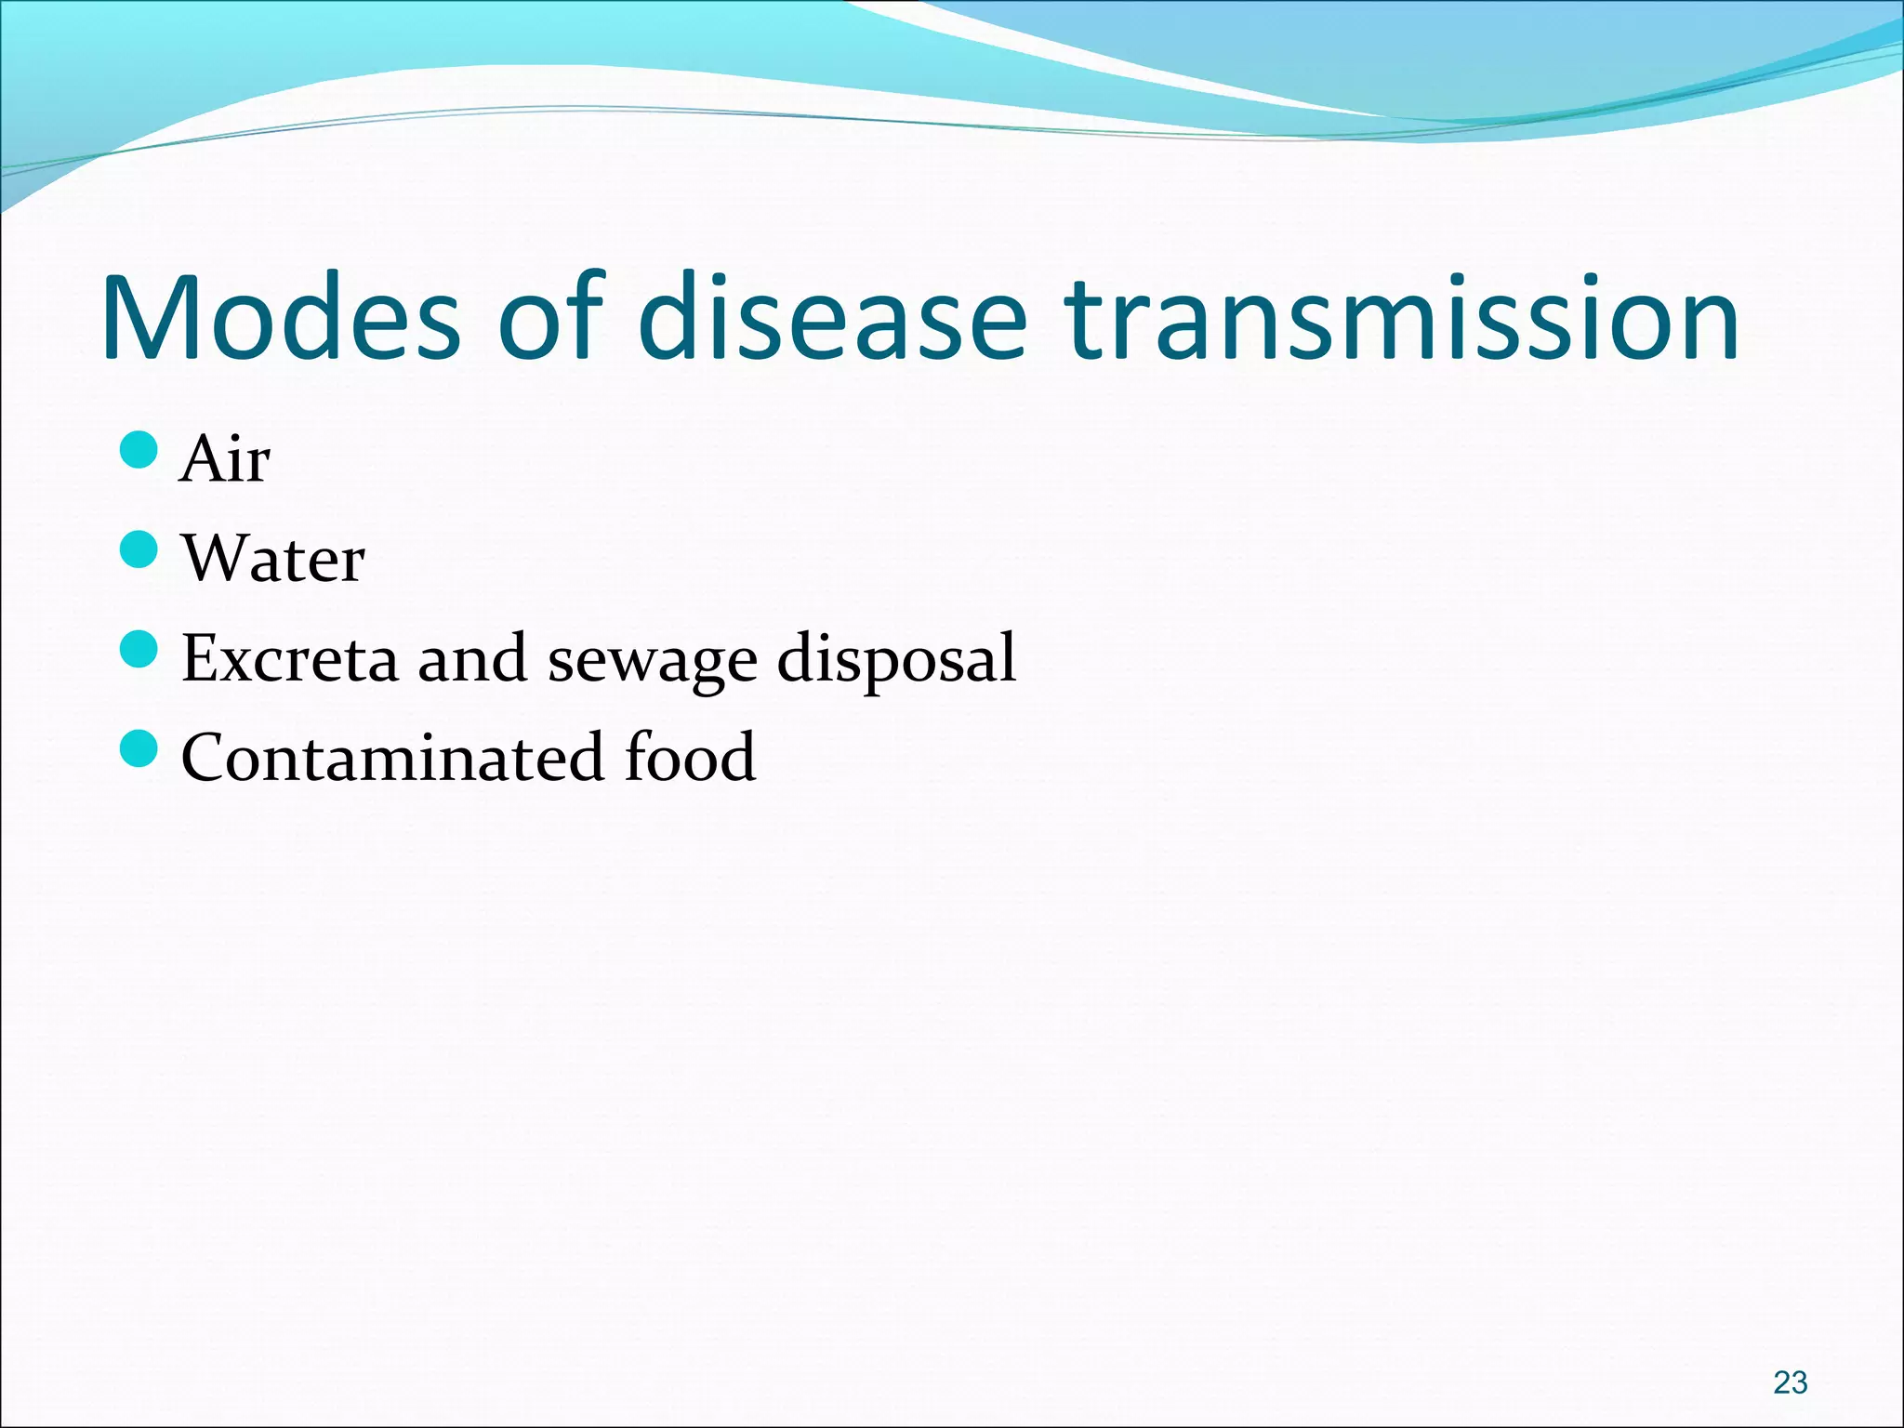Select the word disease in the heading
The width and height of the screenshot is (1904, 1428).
tap(833, 319)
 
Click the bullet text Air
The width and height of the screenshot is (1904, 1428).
tap(226, 459)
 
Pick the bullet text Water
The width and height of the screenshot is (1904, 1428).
tap(273, 559)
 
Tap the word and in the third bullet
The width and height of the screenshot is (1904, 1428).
tap(472, 658)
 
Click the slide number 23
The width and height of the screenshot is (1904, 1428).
tap(1790, 1382)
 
